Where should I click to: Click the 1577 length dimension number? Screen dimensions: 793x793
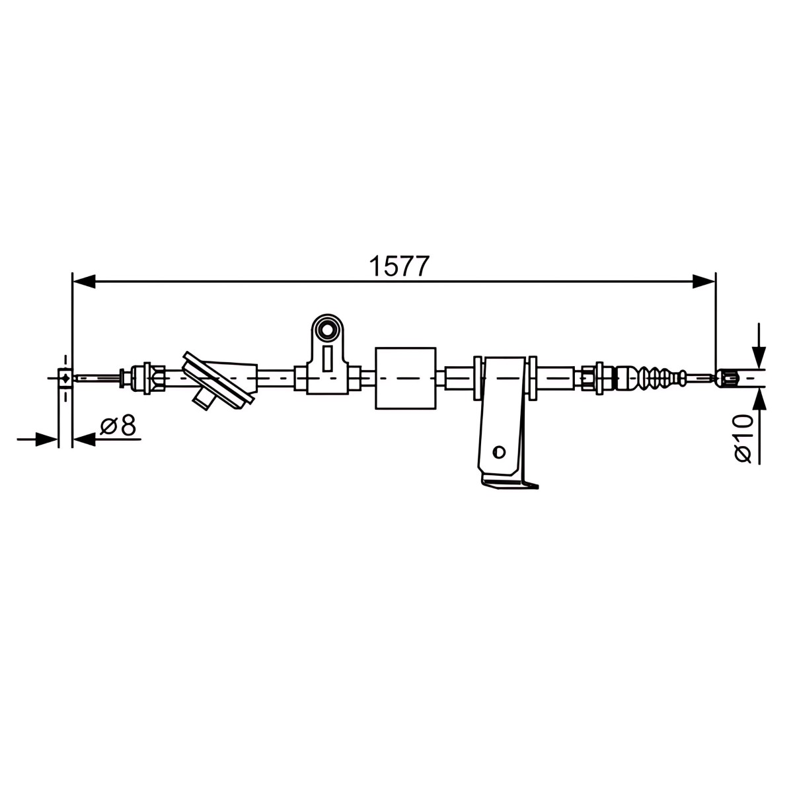pos(398,266)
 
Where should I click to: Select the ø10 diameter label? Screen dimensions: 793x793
pos(743,438)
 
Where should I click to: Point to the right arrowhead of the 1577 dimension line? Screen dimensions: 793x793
pos(704,282)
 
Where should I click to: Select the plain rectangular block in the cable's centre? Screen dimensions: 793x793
pos(405,378)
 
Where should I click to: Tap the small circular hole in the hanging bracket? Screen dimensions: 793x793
pos(499,451)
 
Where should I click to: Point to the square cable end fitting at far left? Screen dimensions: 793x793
pos(65,377)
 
